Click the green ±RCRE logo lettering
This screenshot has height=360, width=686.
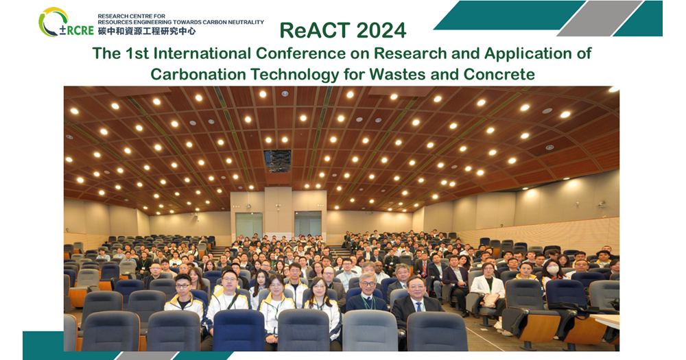coord(77,30)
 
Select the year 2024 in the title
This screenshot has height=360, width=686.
coord(381,31)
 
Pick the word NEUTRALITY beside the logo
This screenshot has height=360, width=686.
coord(247,22)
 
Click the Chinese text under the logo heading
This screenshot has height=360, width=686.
coord(147,31)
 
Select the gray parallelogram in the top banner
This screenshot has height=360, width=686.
coord(600,19)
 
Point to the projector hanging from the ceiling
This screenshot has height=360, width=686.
coord(277,160)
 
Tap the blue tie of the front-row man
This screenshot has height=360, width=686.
coord(418,307)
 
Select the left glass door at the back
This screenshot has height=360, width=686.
coord(249,226)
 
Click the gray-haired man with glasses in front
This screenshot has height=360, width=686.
coord(366,292)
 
